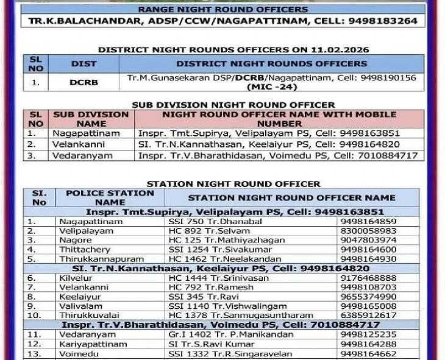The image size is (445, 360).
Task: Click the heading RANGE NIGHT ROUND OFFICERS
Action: coord(223,10)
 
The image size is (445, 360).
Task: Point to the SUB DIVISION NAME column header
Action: coord(91,119)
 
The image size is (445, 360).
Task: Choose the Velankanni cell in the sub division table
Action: coord(79,144)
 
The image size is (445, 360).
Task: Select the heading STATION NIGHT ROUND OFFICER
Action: coord(233,183)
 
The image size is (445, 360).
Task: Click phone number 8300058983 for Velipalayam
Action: coord(368,231)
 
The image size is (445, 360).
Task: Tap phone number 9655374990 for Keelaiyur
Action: coord(368,296)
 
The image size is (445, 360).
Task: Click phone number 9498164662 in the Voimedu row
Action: coord(369,353)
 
